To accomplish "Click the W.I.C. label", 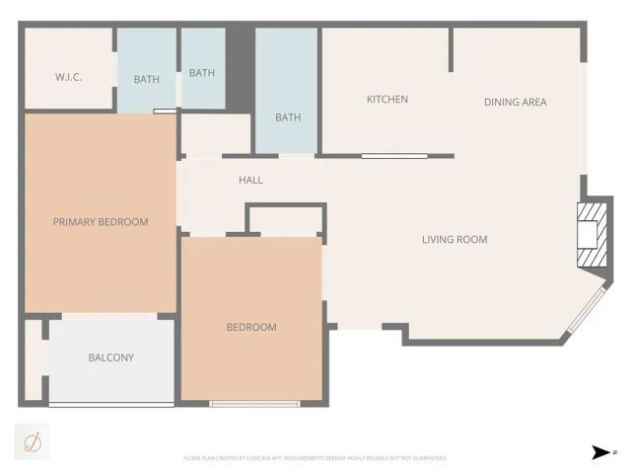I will [x=68, y=77].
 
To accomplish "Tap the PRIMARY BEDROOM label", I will [x=101, y=222].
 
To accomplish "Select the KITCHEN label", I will [x=386, y=100].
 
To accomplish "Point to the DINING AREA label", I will [x=514, y=103].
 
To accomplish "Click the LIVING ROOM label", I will [x=455, y=240].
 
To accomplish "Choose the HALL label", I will [x=250, y=181].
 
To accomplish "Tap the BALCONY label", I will [x=110, y=357].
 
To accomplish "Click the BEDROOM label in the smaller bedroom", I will [x=251, y=328].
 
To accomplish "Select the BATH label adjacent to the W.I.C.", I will [x=147, y=80].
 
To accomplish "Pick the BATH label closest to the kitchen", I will [x=288, y=118].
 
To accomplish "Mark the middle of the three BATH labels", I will [x=202, y=73].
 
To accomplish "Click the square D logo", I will [x=32, y=440].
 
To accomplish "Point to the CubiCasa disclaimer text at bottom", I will [x=315, y=458].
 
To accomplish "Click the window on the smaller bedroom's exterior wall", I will [x=254, y=403].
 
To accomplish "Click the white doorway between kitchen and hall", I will [x=393, y=155].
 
